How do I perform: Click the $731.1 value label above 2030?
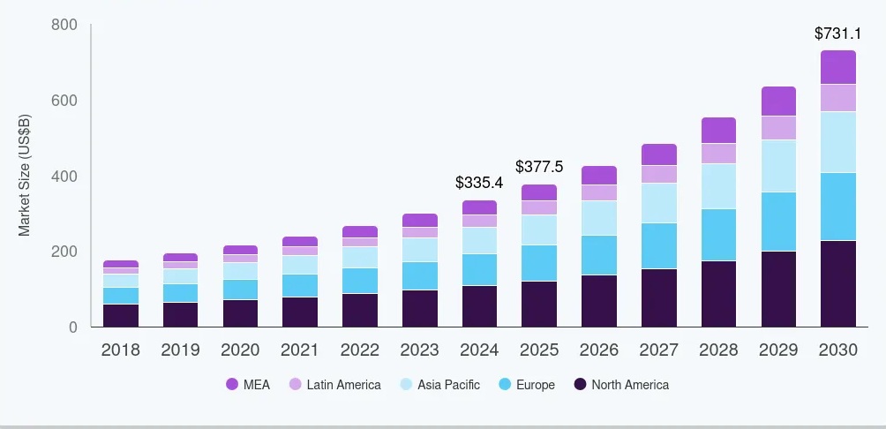click(x=837, y=34)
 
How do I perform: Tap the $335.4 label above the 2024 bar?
click(x=479, y=183)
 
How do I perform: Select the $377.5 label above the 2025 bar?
click(x=539, y=166)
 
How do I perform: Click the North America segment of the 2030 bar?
click(x=837, y=283)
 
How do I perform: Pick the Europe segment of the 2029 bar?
click(x=778, y=222)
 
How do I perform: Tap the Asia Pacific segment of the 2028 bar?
click(x=718, y=185)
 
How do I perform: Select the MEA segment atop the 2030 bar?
click(x=837, y=67)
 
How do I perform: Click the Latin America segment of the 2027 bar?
click(x=658, y=174)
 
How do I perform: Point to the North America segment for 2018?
click(x=120, y=315)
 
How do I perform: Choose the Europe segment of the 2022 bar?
click(x=359, y=281)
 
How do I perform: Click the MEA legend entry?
click(x=248, y=384)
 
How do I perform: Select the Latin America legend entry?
click(x=334, y=384)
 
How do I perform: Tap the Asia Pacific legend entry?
click(x=439, y=384)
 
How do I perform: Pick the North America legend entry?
click(x=621, y=384)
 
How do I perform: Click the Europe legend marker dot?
click(x=505, y=384)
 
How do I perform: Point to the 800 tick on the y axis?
click(x=64, y=25)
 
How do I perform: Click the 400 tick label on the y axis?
click(x=64, y=177)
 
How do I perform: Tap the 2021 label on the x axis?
click(x=300, y=350)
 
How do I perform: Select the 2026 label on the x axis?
click(x=598, y=350)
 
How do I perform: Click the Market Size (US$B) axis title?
click(x=25, y=176)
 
